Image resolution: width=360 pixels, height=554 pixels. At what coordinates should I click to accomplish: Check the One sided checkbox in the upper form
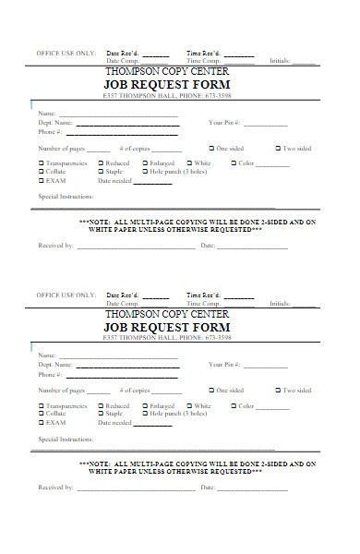pos(211,148)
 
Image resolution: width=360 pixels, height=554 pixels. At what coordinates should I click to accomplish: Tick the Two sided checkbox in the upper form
pos(278,148)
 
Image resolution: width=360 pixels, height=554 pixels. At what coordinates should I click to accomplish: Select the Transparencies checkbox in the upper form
pos(41,163)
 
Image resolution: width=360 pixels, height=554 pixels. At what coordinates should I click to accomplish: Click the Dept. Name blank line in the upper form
pos(126,124)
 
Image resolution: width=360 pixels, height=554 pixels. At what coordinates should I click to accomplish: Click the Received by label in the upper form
pos(56,246)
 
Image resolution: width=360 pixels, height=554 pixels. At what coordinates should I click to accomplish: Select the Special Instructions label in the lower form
pos(66,440)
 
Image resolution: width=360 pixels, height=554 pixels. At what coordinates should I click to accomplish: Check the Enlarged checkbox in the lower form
pos(145,405)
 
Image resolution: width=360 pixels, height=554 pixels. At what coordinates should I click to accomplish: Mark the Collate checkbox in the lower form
pos(41,415)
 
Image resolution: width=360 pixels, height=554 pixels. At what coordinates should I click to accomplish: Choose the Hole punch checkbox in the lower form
pos(145,415)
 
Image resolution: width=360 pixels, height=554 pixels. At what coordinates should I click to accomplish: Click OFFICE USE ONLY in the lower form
pos(66,295)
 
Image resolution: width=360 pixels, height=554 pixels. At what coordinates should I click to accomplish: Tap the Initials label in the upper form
pos(281,61)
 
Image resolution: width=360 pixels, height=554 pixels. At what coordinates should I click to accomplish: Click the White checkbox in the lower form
pos(188,405)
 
